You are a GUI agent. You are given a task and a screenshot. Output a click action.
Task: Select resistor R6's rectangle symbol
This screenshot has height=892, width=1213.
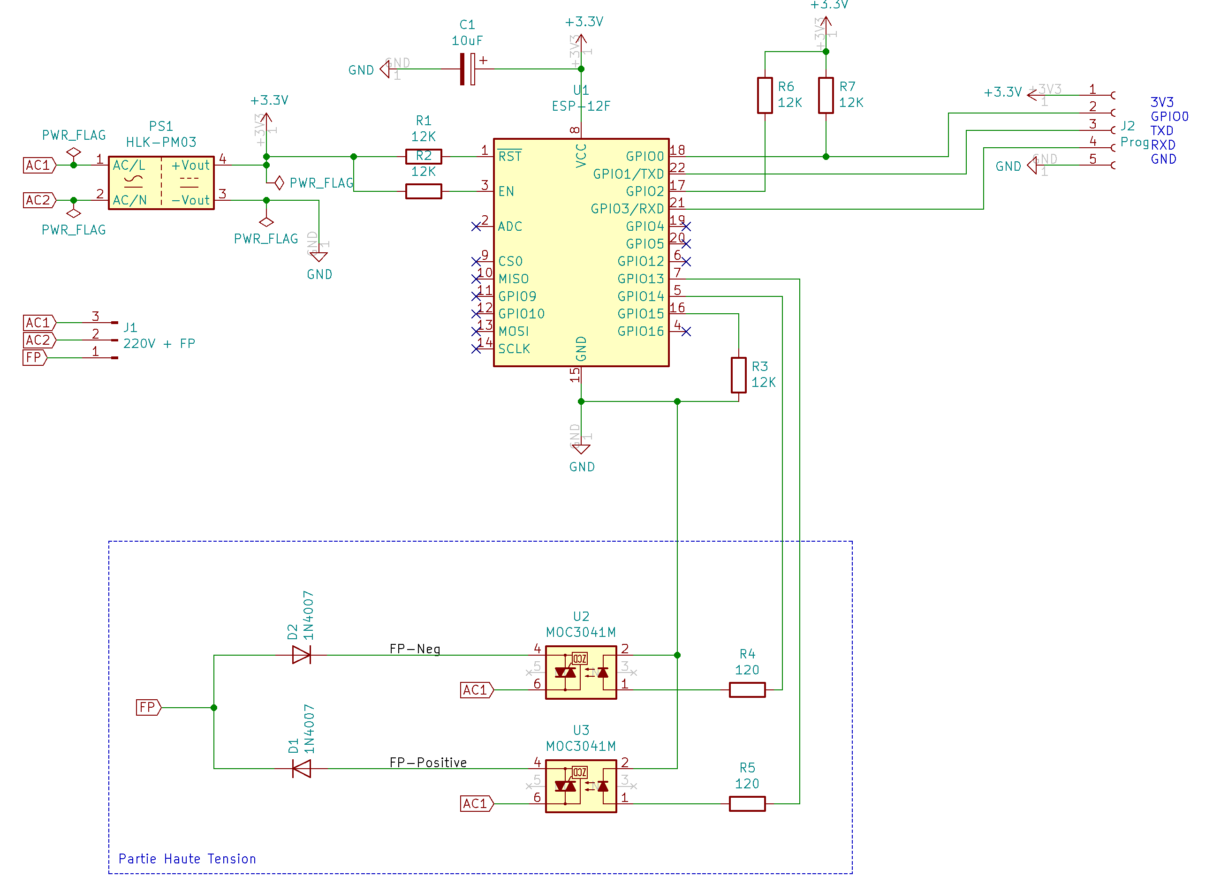(x=765, y=96)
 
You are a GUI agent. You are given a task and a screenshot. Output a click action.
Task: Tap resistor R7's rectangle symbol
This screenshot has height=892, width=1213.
(x=826, y=96)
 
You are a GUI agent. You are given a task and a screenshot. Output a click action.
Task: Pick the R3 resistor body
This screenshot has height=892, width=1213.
(x=738, y=375)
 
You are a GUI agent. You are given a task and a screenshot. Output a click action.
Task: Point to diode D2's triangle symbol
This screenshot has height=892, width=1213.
(x=301, y=655)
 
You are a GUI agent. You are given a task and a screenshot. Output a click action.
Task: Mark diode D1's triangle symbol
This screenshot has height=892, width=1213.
(x=301, y=769)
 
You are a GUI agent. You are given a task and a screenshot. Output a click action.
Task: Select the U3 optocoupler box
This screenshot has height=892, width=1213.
(x=581, y=786)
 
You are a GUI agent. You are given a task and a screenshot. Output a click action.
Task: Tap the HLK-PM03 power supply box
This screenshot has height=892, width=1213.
(x=161, y=183)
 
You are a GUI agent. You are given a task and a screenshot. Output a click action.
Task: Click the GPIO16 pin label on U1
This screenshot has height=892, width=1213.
(x=641, y=331)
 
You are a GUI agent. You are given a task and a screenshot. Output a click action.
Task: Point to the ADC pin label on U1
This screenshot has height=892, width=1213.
(x=510, y=226)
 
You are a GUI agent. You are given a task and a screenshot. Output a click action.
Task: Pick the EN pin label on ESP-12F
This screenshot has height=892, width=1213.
(x=506, y=191)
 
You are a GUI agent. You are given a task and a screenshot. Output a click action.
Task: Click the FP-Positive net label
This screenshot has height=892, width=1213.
(x=428, y=763)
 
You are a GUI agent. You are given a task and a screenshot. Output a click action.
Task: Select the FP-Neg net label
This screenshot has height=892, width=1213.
(x=415, y=649)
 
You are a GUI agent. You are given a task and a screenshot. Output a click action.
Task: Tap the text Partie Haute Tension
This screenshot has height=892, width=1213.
(x=187, y=859)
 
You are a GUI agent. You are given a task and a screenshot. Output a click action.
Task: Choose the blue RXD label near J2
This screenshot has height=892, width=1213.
(x=1163, y=145)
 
